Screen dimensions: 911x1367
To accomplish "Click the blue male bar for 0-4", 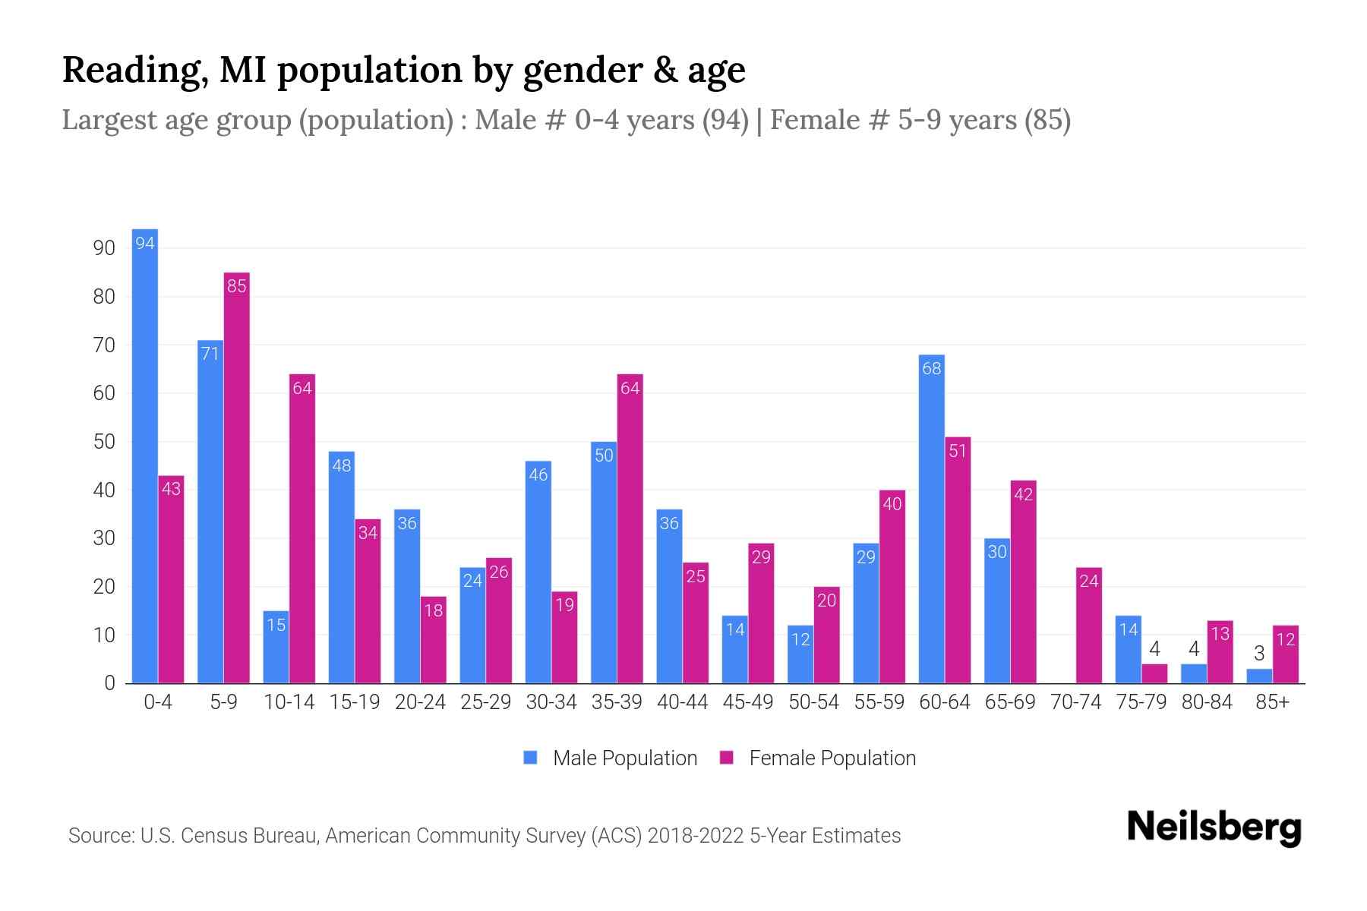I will point(144,455).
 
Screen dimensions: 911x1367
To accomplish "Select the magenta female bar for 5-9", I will point(236,478).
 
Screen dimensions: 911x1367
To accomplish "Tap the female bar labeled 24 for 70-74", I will point(1089,626).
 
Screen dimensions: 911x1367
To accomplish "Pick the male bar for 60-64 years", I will point(931,520).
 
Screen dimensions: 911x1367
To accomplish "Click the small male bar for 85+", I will point(1259,676).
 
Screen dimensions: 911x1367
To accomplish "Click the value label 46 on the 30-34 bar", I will point(538,475).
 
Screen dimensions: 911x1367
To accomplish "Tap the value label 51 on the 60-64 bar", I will point(958,451).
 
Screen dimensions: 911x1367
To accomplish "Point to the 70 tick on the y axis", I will point(104,345).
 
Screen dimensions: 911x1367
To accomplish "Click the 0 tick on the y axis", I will point(109,683).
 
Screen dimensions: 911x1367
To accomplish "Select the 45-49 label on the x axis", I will point(748,702).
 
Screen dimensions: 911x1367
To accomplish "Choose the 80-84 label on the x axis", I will point(1207,702).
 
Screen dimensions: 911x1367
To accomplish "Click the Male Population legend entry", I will point(611,758).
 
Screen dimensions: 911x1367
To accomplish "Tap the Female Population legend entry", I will point(819,758).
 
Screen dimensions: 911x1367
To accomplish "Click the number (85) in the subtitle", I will point(1047,120).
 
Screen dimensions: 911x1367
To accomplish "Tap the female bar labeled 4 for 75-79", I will point(1154,674).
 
